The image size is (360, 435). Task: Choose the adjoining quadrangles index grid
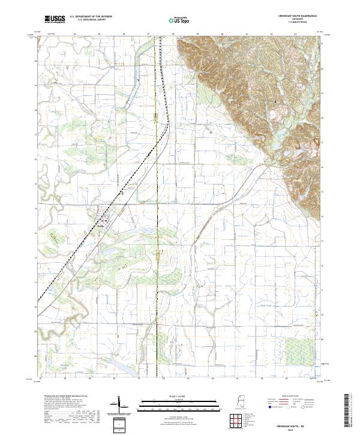click(x=238, y=419)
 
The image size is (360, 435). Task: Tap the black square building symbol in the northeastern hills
click(x=276, y=102)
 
